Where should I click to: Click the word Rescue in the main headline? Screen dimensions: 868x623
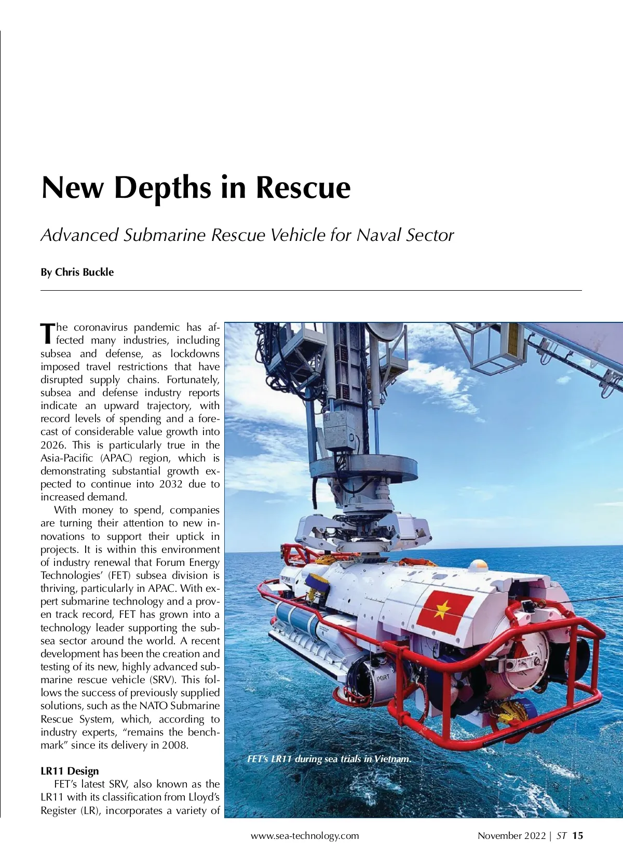(303, 187)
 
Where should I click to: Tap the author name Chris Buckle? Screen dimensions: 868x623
(84, 272)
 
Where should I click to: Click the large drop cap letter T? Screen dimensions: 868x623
(47, 333)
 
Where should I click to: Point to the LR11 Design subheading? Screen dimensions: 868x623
(70, 771)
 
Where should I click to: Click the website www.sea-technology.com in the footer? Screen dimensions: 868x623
(305, 836)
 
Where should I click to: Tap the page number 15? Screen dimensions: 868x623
(578, 836)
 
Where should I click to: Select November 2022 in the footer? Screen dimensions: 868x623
(511, 836)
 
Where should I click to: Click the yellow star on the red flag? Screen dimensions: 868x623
(441, 611)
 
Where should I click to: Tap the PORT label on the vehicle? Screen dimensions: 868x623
(383, 677)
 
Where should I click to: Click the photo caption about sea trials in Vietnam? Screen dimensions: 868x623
(329, 759)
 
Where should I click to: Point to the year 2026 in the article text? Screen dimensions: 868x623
(52, 445)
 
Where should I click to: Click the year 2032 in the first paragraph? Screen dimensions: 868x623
(171, 484)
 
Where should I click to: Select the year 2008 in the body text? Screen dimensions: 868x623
(174, 745)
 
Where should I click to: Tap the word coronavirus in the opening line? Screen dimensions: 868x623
(101, 327)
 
